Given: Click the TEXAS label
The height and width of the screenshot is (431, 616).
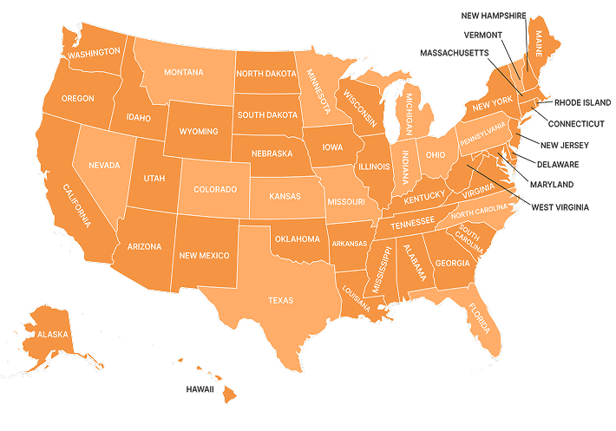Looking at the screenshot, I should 280,300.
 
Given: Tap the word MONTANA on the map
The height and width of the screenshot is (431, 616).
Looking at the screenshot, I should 183,72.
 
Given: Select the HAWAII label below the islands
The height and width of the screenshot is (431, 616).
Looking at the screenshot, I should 200,389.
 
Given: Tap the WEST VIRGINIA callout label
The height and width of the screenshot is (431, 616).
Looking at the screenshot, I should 560,207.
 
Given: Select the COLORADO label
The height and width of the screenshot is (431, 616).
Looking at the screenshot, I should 214,189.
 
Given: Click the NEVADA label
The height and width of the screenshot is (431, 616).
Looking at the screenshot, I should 103,165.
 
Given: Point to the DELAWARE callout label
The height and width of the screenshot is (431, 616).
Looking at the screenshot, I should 558,164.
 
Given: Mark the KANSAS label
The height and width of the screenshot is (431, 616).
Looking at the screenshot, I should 284,197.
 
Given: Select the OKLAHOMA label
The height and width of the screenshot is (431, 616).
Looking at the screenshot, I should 297,238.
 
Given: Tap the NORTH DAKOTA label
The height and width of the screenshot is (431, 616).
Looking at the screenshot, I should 265,74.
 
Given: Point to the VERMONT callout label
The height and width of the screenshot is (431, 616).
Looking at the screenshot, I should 482,35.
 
